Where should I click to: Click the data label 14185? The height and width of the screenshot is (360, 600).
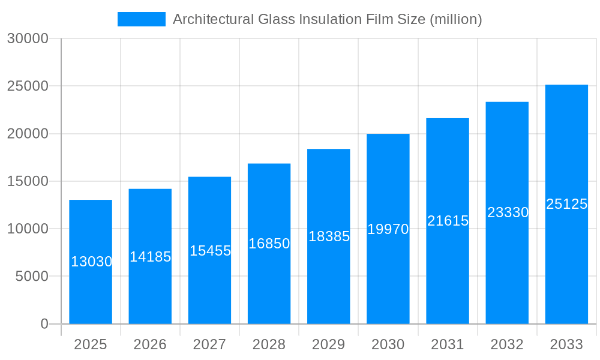click(150, 257)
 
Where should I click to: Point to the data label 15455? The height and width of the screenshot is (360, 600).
click(210, 251)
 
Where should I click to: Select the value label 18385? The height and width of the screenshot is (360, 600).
click(329, 236)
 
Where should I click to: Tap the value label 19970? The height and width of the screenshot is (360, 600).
click(388, 229)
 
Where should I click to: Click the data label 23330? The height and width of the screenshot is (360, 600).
click(508, 212)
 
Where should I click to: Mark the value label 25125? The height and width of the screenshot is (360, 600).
click(566, 204)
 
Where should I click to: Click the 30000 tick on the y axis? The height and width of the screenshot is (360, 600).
click(27, 39)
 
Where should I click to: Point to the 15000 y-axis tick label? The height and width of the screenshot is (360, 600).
click(27, 181)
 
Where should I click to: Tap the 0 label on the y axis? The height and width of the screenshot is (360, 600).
click(44, 324)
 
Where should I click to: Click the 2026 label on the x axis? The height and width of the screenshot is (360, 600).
click(150, 344)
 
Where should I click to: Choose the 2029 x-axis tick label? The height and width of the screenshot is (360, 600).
click(329, 344)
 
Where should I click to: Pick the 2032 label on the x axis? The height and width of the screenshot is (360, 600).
click(507, 344)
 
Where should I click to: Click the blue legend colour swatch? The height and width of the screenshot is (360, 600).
click(142, 19)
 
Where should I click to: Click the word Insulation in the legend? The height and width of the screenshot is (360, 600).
click(331, 19)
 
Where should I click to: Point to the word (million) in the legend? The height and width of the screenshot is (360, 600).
click(456, 19)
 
